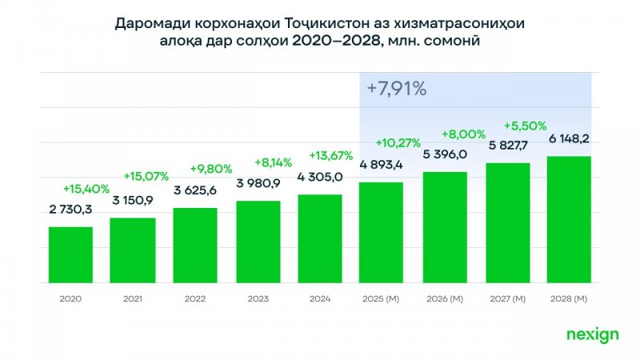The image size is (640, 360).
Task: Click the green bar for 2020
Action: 70,255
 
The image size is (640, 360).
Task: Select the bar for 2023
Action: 258,242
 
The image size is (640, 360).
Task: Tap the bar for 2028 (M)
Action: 569,220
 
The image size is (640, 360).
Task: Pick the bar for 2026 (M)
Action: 444,228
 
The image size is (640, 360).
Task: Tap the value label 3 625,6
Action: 196,193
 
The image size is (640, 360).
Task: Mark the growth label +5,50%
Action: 525,126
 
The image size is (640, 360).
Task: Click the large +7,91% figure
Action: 397,89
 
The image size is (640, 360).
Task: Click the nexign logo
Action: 592,335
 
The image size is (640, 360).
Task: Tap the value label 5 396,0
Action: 445,154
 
